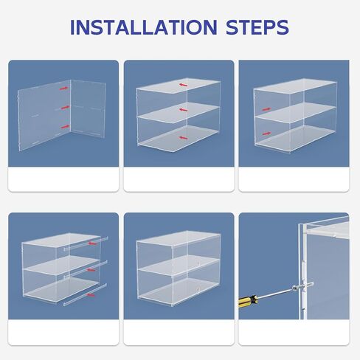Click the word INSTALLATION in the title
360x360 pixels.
pos(144,27)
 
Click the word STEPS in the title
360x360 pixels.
pos(257,27)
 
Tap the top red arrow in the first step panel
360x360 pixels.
pos(64,89)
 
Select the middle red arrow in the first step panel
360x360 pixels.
pos(65,107)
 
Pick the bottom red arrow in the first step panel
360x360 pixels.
pos(65,127)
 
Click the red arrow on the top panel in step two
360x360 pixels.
pos(184,85)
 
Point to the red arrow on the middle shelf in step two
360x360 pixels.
pos(184,110)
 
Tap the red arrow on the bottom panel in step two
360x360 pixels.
pos(184,138)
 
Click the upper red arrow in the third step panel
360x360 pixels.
pos(266,109)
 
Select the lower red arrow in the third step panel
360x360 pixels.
pos(266,134)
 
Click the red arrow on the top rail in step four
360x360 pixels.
pos(92,243)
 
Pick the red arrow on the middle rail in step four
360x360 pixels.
pos(91,270)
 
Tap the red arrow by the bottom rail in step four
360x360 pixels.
pos(91,295)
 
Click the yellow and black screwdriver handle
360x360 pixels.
pos(249,301)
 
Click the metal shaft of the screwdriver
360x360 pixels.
pos(275,294)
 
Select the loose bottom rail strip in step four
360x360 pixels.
pos(85,295)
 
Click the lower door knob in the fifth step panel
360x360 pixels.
pos(198,289)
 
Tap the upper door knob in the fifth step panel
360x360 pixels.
pos(198,263)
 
